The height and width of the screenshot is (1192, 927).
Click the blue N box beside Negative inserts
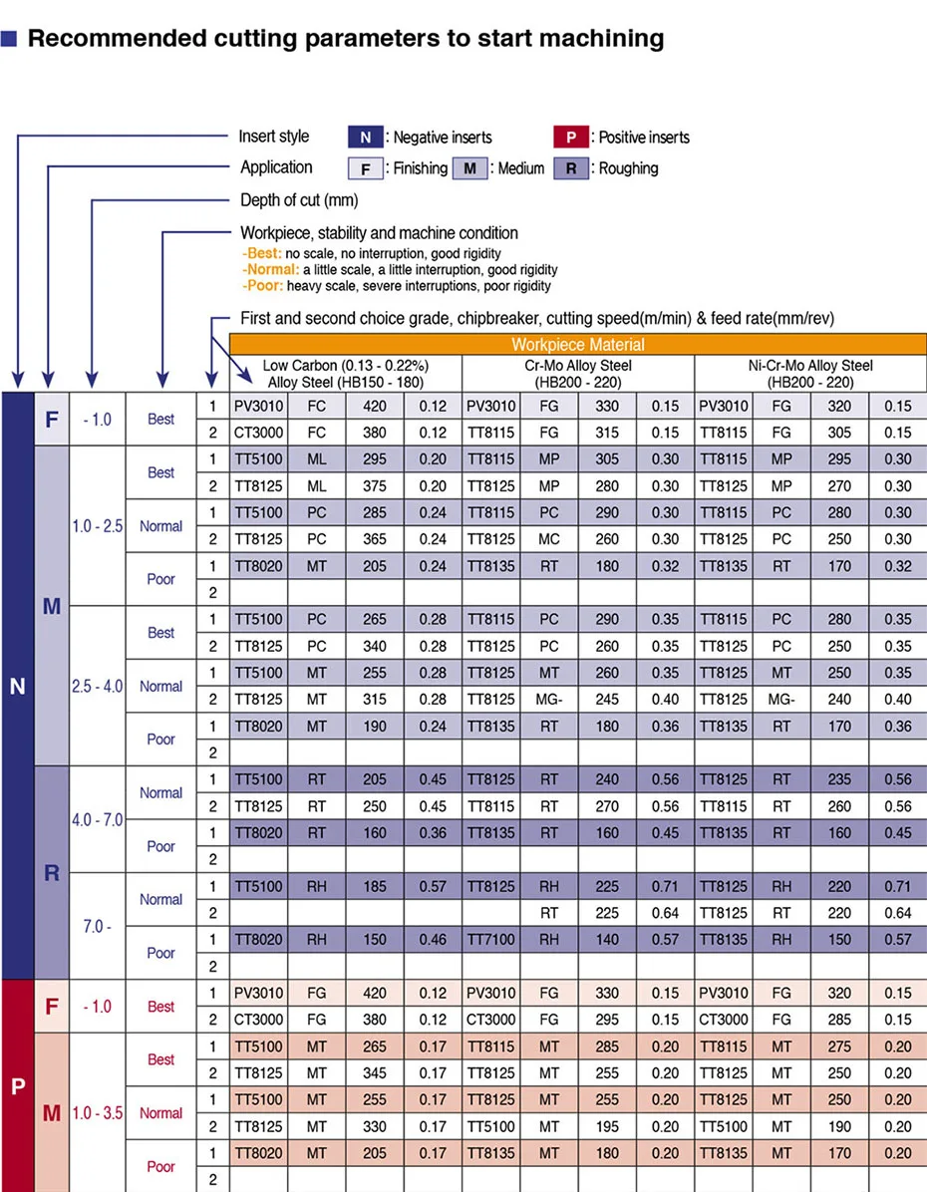tap(366, 138)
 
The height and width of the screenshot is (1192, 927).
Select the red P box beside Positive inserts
tap(571, 138)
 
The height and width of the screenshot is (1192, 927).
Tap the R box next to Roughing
tap(571, 168)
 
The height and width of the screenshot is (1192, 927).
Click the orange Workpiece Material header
tap(578, 345)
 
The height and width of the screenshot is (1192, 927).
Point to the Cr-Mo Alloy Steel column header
tap(578, 373)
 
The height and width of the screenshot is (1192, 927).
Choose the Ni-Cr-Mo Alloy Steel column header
tap(810, 373)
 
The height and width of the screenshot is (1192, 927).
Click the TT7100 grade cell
tap(491, 940)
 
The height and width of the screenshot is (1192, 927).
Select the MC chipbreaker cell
tap(549, 539)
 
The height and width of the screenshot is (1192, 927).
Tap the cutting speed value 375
tap(375, 486)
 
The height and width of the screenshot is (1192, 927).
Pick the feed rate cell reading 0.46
tap(433, 940)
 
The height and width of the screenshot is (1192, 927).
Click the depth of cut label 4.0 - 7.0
tap(98, 820)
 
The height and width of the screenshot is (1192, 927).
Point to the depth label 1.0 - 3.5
tap(98, 1113)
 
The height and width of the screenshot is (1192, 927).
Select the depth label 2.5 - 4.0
tap(98, 687)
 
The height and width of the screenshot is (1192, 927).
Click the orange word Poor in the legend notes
tap(263, 286)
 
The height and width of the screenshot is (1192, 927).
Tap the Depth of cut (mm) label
tap(299, 200)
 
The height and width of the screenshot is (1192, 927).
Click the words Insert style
tap(274, 137)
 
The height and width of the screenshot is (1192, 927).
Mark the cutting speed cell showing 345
tap(375, 1073)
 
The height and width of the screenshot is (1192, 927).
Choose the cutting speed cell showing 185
tap(375, 886)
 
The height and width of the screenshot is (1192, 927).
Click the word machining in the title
tap(603, 39)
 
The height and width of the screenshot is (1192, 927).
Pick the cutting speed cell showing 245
tap(607, 700)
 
